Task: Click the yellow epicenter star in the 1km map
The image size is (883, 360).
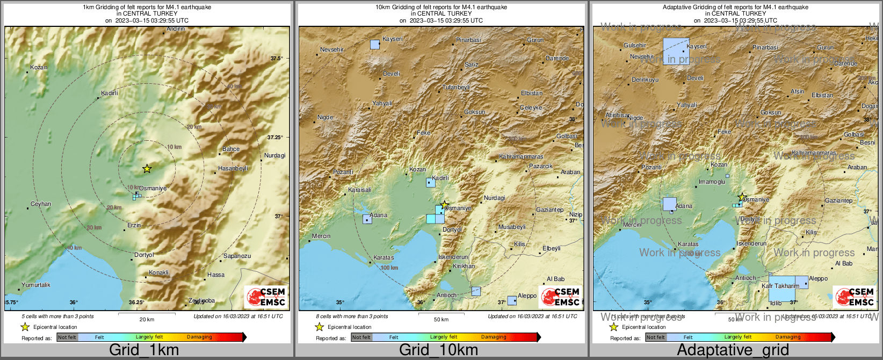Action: click(x=147, y=169)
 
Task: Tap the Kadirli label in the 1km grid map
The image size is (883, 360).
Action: click(x=110, y=93)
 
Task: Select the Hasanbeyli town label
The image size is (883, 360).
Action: click(x=233, y=168)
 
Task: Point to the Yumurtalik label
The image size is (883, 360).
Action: click(x=36, y=285)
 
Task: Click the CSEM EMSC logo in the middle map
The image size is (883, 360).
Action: click(x=562, y=297)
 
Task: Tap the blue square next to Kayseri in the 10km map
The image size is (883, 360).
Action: click(x=375, y=44)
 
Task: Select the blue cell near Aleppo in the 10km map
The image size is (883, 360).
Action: click(x=512, y=300)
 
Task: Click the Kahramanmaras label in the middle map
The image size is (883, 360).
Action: click(x=521, y=157)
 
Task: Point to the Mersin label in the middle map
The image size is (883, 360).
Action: click(x=321, y=236)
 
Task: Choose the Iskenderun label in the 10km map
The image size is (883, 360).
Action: click(x=453, y=257)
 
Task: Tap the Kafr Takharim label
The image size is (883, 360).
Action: click(x=780, y=286)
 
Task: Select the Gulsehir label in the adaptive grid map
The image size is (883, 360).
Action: click(x=635, y=45)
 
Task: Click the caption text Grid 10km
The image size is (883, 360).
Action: click(x=438, y=350)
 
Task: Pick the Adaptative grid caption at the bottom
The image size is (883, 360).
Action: click(x=733, y=350)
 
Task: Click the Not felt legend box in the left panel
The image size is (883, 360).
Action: click(x=67, y=337)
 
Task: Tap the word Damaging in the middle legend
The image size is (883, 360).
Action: click(x=494, y=337)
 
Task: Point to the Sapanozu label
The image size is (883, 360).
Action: click(x=237, y=256)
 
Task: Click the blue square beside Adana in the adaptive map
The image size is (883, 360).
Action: click(x=669, y=204)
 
